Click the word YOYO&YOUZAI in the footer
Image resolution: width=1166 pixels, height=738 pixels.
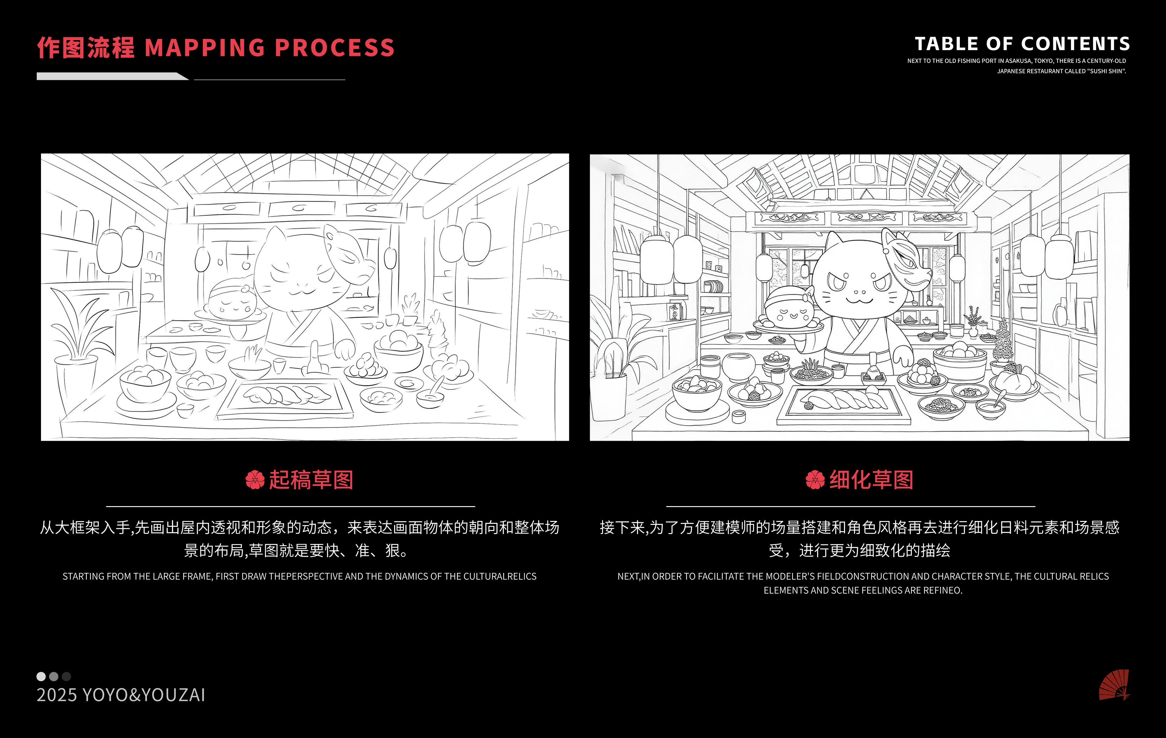click(144, 695)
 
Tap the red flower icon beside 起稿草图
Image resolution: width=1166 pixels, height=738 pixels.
click(255, 480)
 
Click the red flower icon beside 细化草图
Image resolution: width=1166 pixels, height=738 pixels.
click(815, 480)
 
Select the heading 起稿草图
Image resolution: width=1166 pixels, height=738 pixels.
click(311, 480)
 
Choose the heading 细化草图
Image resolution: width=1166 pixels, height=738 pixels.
click(871, 480)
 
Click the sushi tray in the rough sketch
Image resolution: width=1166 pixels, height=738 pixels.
click(285, 398)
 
